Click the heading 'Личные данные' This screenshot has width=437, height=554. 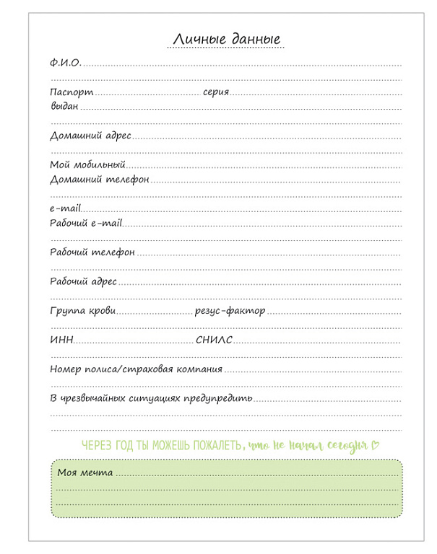[226, 39]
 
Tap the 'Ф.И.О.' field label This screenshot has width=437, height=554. [65, 63]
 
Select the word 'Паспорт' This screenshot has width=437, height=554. [72, 92]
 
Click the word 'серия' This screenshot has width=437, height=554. [216, 92]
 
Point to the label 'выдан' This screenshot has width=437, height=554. [64, 106]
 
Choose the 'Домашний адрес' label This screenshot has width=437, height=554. [90, 136]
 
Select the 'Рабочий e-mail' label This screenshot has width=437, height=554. [86, 223]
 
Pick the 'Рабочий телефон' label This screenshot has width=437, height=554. [92, 252]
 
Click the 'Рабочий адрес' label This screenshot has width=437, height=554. [83, 281]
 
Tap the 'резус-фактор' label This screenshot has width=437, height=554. [230, 311]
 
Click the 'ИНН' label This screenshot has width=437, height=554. [61, 340]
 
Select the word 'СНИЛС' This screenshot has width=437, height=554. [214, 340]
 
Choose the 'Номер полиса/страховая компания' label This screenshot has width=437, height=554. [136, 369]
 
